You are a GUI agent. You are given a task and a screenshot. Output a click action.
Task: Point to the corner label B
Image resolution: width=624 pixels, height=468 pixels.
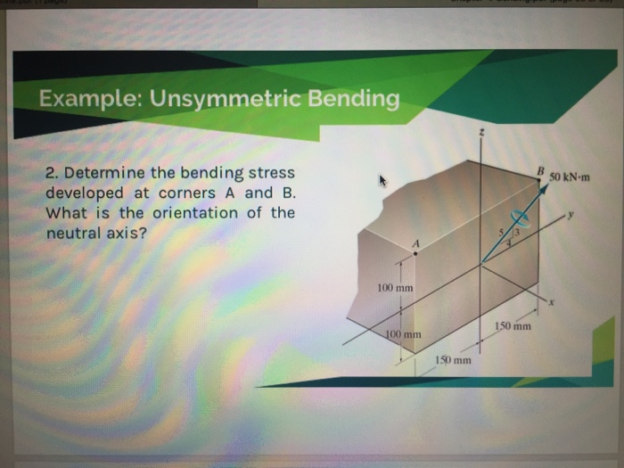point(540,170)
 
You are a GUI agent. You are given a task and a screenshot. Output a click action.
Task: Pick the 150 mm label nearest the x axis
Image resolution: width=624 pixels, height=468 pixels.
point(513,326)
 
